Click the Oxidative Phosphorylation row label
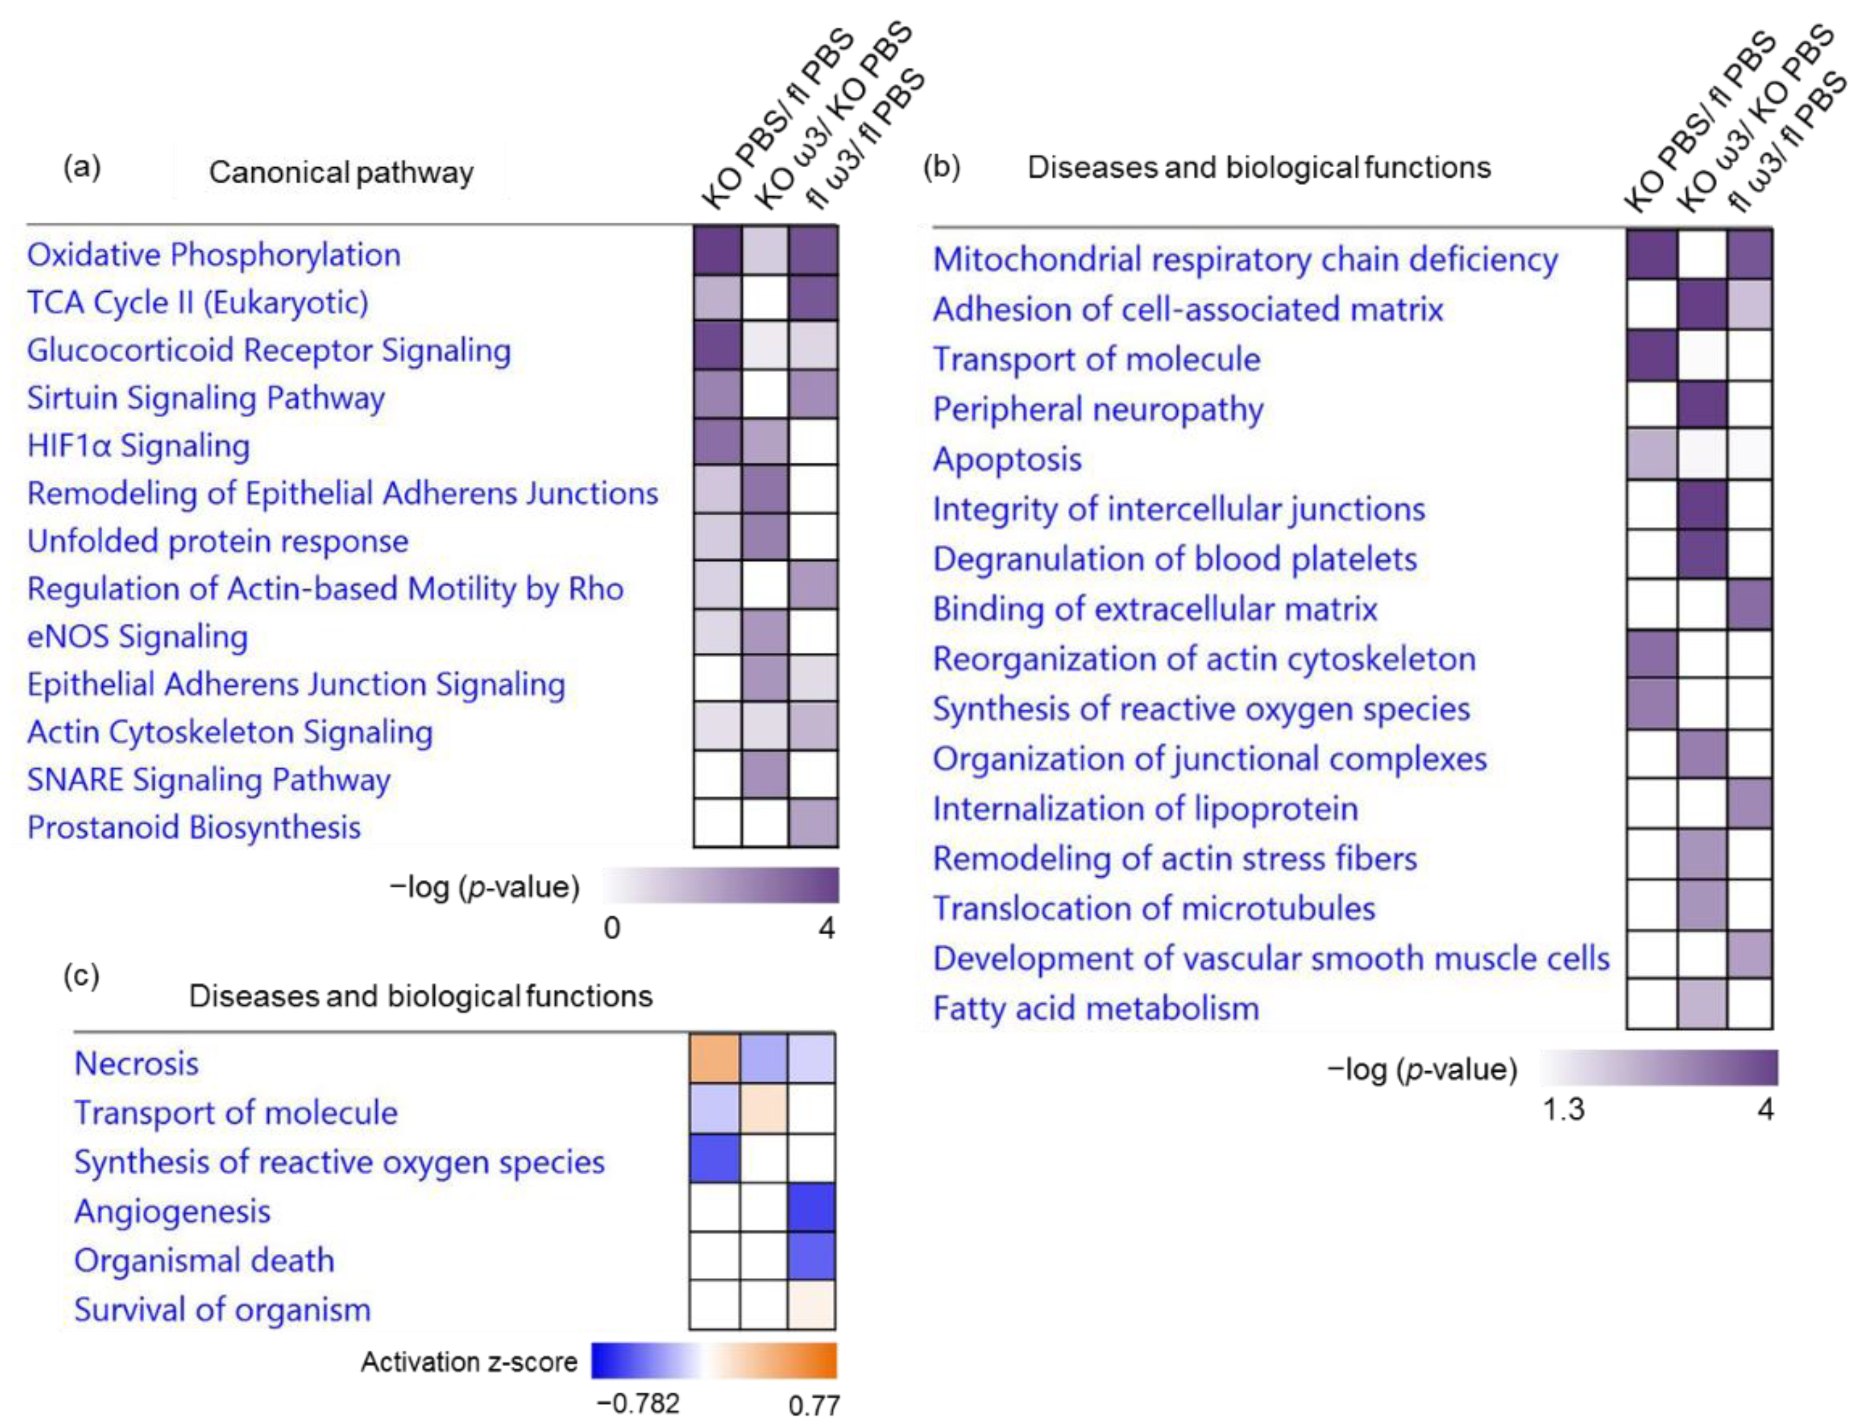(x=213, y=255)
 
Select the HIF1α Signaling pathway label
(x=138, y=446)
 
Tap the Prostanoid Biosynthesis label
(x=194, y=827)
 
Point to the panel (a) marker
(x=82, y=167)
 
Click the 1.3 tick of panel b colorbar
(x=1564, y=1109)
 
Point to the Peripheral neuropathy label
(x=1098, y=409)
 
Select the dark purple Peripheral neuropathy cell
(x=1702, y=404)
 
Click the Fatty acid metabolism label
(x=1095, y=1008)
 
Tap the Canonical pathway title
(x=340, y=173)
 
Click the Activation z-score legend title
(x=469, y=1361)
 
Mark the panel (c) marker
(x=82, y=976)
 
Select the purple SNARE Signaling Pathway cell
(x=764, y=775)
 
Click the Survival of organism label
(x=223, y=1310)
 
